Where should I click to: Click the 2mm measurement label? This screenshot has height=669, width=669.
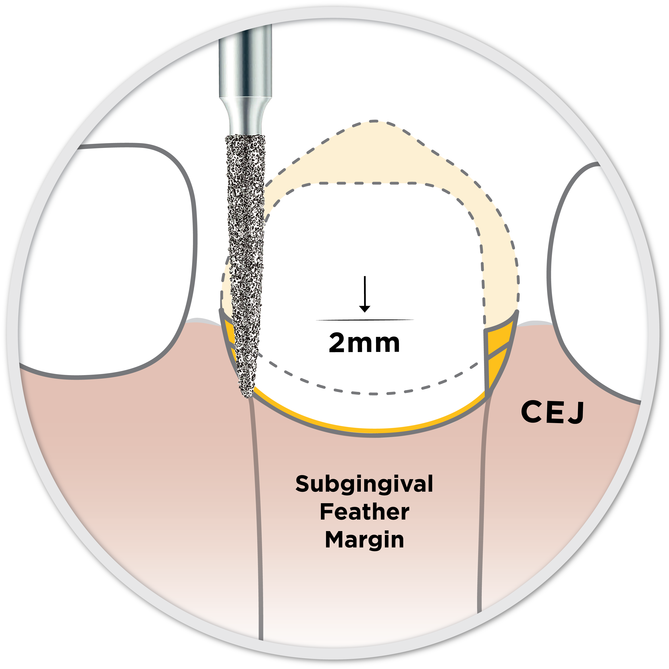pyautogui.click(x=364, y=343)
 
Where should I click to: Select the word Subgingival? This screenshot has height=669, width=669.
pyautogui.click(x=364, y=484)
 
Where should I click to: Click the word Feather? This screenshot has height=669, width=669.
pyautogui.click(x=364, y=512)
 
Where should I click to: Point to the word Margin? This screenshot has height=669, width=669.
pyautogui.click(x=364, y=540)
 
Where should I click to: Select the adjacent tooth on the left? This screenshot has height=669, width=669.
pyautogui.click(x=114, y=256)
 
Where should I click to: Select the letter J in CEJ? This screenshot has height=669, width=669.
pyautogui.click(x=577, y=413)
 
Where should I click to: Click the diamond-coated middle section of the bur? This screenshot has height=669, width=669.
pyautogui.click(x=246, y=242)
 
